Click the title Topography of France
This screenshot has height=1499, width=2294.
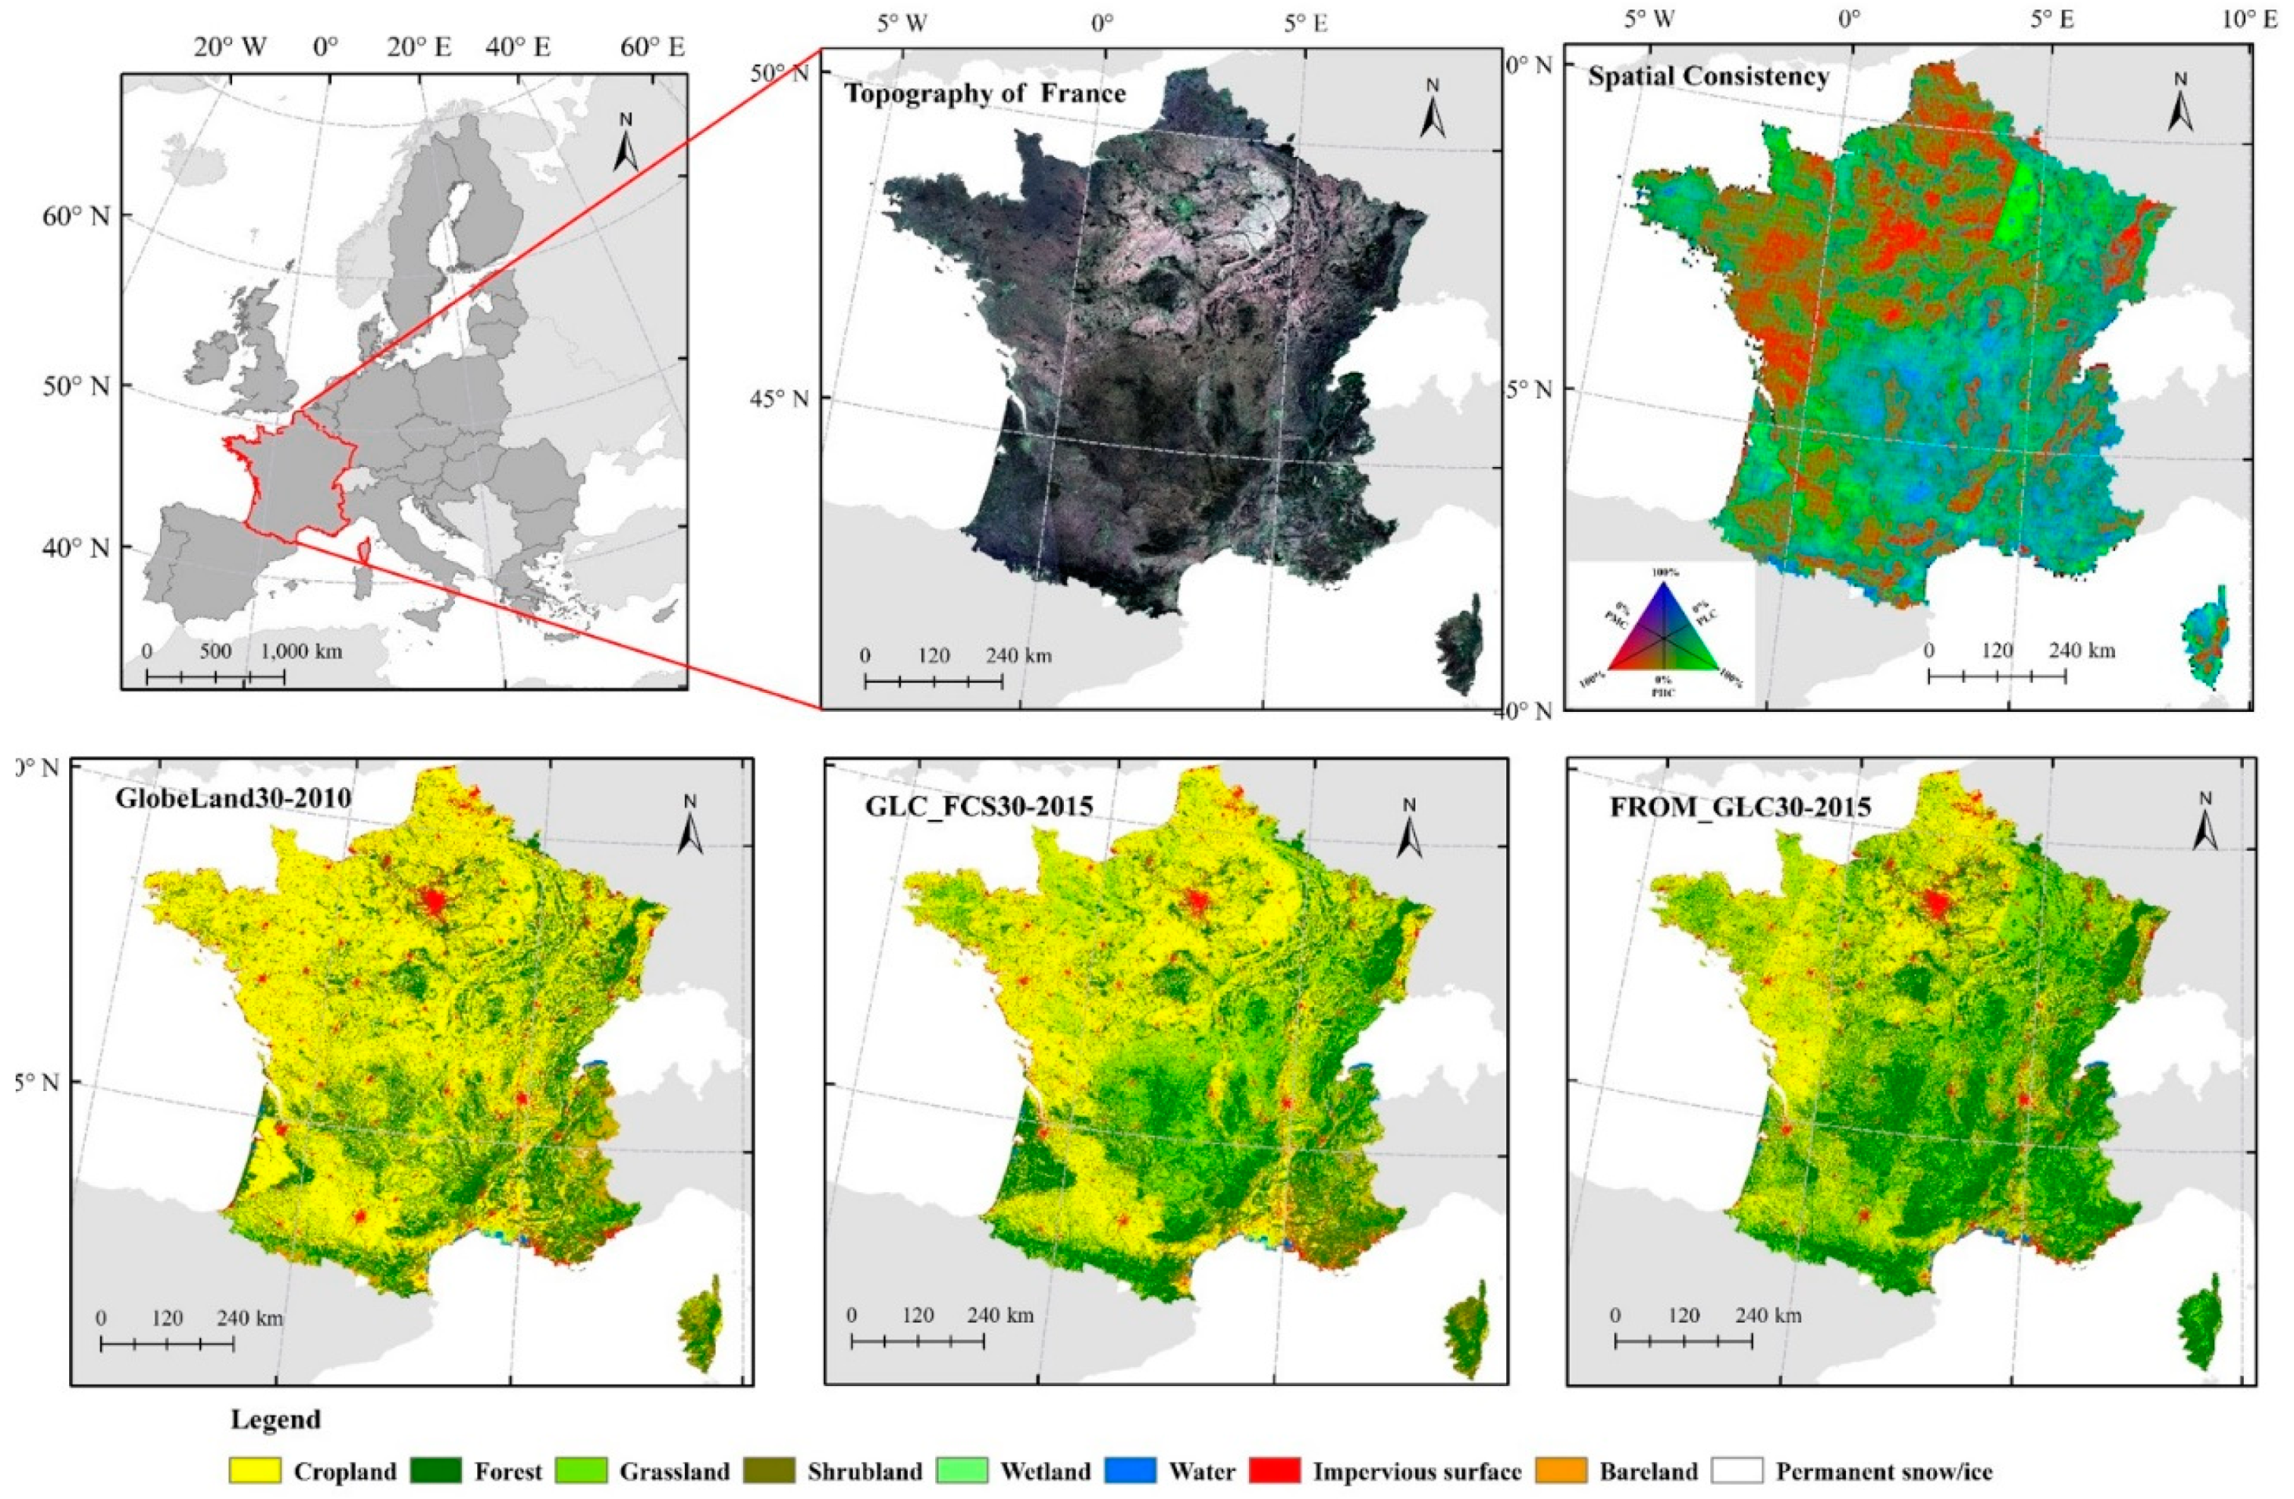click(x=984, y=93)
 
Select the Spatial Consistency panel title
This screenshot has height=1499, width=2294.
click(x=1708, y=76)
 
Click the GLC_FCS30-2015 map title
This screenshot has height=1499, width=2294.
click(x=979, y=805)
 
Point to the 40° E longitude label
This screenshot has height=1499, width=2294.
click(x=518, y=46)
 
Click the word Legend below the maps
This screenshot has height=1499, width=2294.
click(x=275, y=1420)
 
